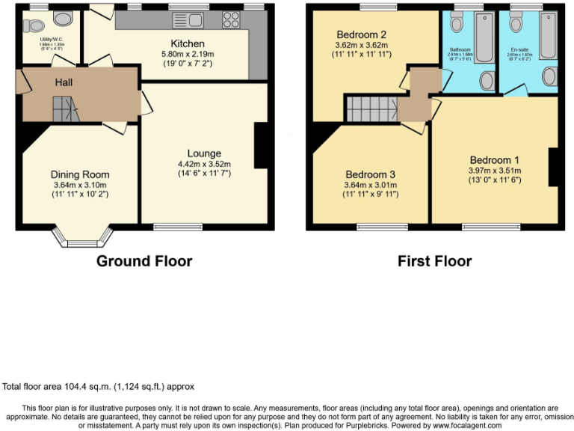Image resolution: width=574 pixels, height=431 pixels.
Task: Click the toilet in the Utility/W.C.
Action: tap(31, 25)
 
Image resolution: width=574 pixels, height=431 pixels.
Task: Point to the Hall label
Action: tap(64, 83)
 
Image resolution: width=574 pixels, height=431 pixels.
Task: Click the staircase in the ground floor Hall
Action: tap(64, 112)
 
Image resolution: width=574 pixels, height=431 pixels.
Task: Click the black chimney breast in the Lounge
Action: tap(261, 145)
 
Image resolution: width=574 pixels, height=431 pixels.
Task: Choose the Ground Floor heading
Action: tap(144, 261)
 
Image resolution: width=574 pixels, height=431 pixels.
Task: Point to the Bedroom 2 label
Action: tap(361, 34)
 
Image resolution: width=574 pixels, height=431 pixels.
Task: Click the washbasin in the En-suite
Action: tap(549, 76)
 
